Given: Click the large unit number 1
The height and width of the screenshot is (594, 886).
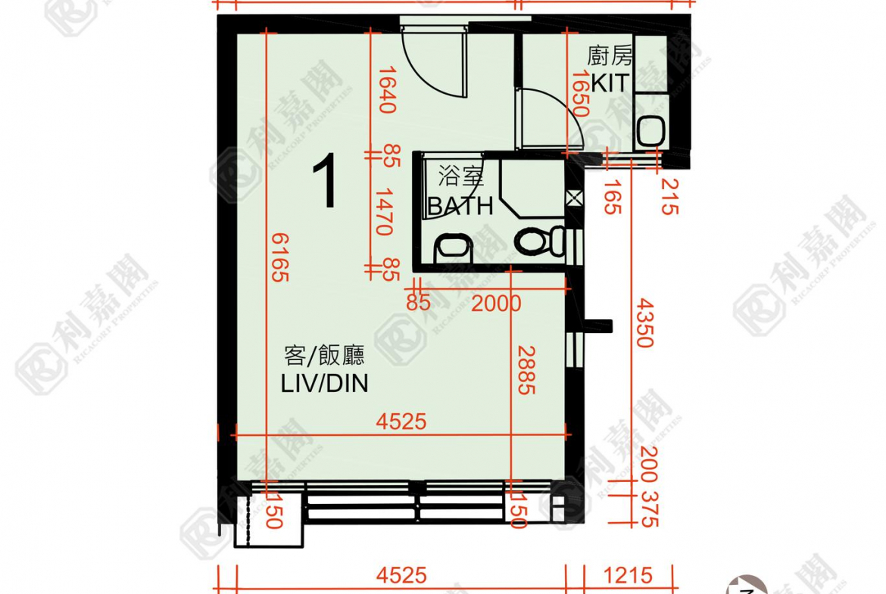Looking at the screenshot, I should coord(326,182).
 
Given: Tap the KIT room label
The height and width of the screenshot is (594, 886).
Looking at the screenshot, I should coord(610,82).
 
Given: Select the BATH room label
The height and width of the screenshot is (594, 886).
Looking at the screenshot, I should coord(460,205).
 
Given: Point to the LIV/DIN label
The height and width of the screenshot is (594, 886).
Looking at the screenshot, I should coord(324,384).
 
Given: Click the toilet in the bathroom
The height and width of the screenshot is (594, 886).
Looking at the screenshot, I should coord(538,241).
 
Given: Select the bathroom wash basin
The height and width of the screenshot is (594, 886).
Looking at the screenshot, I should coord(453,247).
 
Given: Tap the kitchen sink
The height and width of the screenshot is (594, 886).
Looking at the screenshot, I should coord(650,131).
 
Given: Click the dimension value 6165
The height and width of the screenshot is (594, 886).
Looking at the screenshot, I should coord(278,257).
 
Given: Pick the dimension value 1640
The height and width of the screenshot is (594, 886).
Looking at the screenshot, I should coord(387,89).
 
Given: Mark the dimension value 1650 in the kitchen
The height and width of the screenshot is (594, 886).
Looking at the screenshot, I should coord(581,92).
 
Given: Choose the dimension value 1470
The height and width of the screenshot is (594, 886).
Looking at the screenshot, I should coord(387,212).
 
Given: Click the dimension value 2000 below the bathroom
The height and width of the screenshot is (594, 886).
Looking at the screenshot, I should coord(496,303).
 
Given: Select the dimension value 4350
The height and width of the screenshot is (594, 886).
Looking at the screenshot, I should coord(643,322).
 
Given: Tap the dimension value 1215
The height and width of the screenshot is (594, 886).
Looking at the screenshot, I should coord(627,576).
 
